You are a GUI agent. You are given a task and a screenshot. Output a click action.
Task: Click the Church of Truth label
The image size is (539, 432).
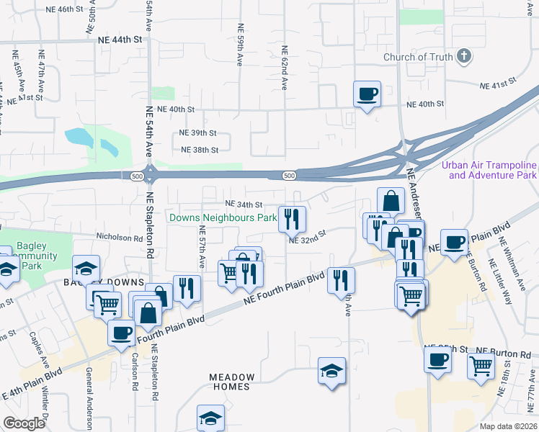click(418, 57)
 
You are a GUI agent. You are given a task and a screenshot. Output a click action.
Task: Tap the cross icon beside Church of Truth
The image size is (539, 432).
click(464, 56)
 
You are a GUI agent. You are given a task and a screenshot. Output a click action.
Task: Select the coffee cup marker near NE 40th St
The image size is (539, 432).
click(367, 94)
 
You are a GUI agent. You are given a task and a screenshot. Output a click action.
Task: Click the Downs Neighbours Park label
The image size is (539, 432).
click(223, 217)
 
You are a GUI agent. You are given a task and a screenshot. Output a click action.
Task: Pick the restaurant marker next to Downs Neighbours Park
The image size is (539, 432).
click(292, 219)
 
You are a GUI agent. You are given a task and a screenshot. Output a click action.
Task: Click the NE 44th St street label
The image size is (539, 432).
click(119, 40)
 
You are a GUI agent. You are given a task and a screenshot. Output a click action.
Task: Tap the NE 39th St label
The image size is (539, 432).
click(198, 133)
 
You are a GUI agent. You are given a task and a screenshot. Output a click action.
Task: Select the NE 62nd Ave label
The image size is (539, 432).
click(285, 68)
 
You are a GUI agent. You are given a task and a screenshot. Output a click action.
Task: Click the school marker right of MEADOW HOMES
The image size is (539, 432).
click(331, 371)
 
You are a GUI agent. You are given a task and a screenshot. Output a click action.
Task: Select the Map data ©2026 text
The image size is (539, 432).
click(508, 426)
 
